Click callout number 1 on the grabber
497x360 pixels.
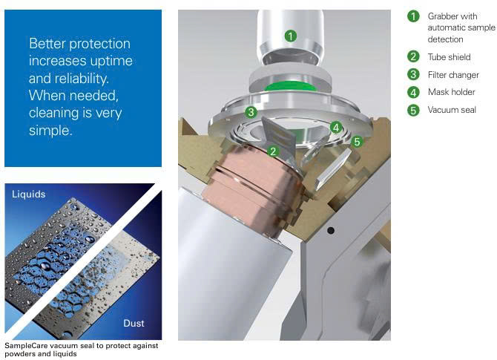pos(291,36)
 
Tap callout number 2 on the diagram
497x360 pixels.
pos(273,151)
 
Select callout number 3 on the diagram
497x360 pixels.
pos(251,112)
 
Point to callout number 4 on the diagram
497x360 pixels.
pos(336,128)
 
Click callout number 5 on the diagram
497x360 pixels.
pos(357,142)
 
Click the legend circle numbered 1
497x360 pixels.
pos(413,16)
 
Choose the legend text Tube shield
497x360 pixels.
pos(449,57)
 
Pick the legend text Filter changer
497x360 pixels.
pos(453,75)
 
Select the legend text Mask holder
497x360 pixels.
pos(451,92)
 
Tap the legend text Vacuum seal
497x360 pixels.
pos(452,110)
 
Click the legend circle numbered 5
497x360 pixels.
pos(413,111)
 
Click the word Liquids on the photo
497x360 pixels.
pos(28,194)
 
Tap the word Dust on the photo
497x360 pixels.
pos(134,323)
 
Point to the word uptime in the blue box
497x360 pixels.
pos(111,61)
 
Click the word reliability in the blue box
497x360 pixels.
pos(85,79)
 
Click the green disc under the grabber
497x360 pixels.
pos(290,86)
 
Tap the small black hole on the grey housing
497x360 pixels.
pos(331,231)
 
